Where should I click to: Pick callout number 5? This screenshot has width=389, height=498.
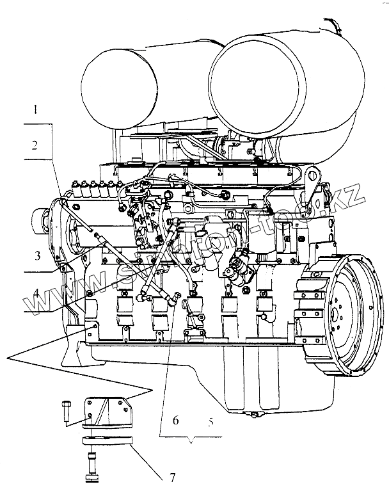[209, 422]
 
